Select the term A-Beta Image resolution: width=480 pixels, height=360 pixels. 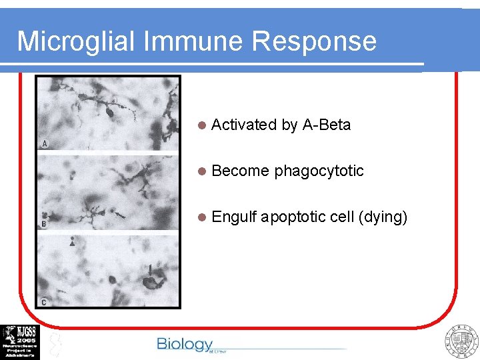click(x=326, y=125)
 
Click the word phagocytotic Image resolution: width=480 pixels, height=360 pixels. click(x=319, y=171)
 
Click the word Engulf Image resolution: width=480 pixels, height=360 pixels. click(x=234, y=217)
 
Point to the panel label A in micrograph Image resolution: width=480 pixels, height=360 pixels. click(x=45, y=143)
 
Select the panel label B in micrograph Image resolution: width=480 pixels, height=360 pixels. click(x=44, y=224)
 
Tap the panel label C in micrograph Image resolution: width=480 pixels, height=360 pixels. click(x=44, y=302)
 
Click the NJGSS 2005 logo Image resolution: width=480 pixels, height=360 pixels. click(x=20, y=342)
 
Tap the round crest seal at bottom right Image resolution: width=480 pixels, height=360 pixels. click(x=461, y=342)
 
